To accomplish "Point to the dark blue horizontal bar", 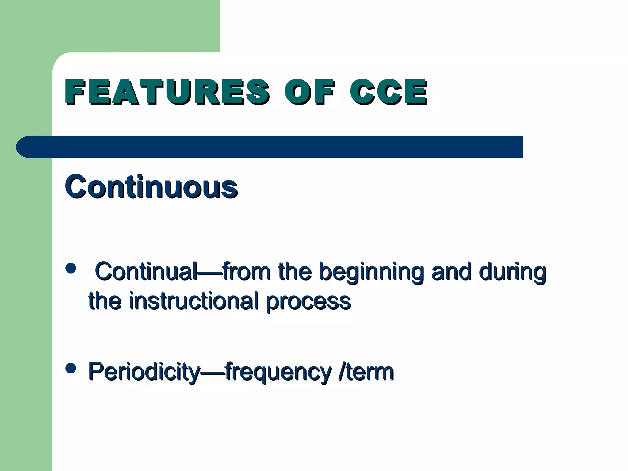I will point(276,147).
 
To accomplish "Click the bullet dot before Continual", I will point(71,268).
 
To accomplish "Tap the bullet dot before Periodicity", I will point(71,368).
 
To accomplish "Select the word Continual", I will point(147,271).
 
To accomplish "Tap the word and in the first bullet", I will point(451,271).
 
